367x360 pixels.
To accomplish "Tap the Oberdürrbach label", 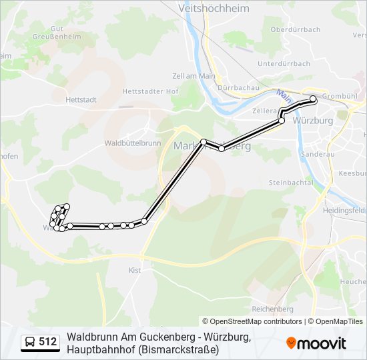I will (296, 29).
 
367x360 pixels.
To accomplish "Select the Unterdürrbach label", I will (284, 64).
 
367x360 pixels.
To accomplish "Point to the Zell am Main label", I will (194, 76).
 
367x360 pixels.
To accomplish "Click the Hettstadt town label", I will (81, 100).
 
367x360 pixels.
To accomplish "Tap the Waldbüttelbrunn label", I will (133, 143).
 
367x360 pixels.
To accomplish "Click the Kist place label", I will (135, 270).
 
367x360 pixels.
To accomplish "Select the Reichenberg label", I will (272, 309).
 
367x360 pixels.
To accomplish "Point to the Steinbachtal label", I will (290, 183).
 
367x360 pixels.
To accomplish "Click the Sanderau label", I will (314, 153).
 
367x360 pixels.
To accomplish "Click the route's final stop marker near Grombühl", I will (313, 99).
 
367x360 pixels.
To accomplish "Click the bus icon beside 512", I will (30, 343).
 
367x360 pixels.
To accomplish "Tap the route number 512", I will (48, 343).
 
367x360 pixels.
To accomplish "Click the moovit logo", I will (316, 343).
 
